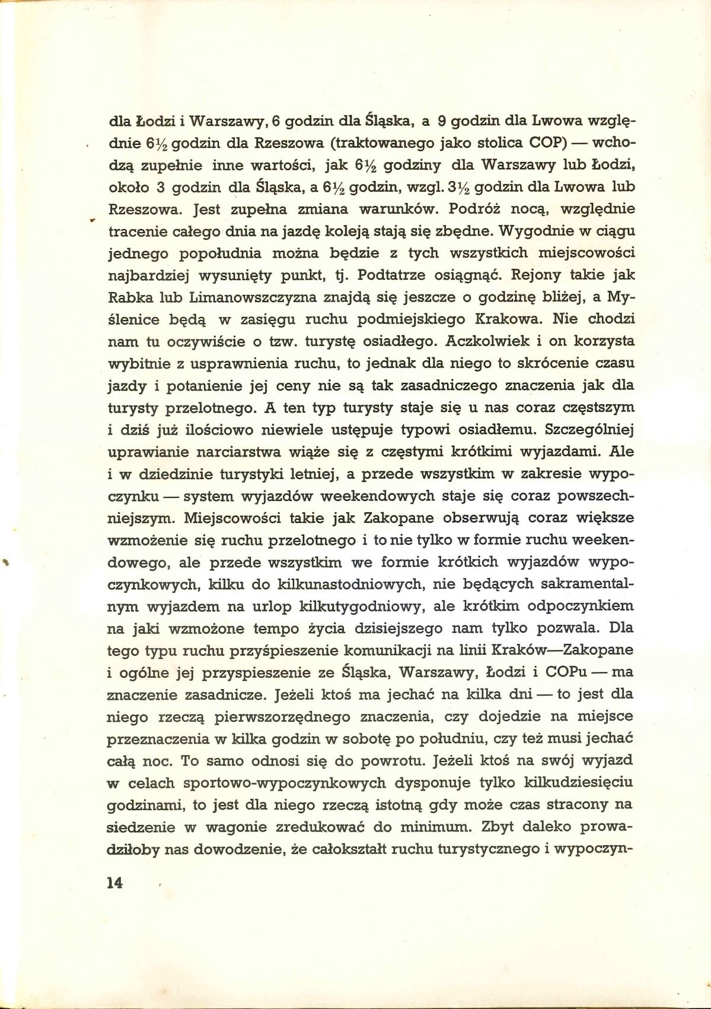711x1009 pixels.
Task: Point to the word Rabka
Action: pyautogui.click(x=127, y=298)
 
